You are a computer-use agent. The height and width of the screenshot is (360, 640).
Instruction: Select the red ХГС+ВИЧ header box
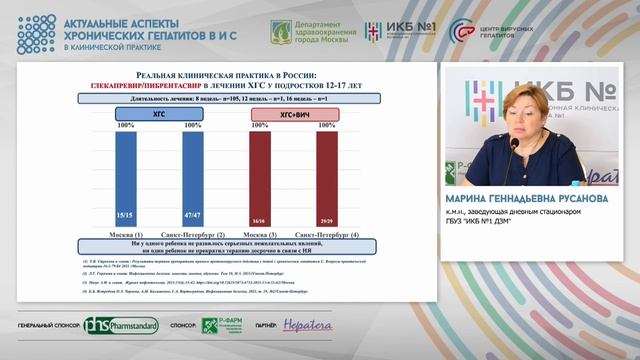[x=293, y=116]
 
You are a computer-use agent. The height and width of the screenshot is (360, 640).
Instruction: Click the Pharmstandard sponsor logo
[x=117, y=327]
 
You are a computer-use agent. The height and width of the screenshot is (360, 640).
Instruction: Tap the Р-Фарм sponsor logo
[x=223, y=327]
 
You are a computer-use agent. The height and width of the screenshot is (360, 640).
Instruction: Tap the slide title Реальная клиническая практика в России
[x=226, y=76]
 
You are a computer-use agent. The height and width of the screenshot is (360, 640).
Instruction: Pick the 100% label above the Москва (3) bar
[x=259, y=125]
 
